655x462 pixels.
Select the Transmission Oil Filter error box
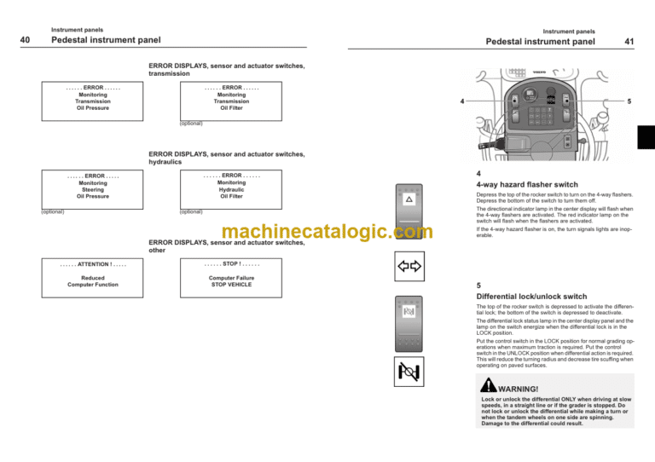(231, 98)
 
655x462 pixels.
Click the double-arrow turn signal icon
(410, 267)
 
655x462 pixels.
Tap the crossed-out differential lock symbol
(410, 371)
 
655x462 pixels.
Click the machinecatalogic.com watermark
(327, 232)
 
